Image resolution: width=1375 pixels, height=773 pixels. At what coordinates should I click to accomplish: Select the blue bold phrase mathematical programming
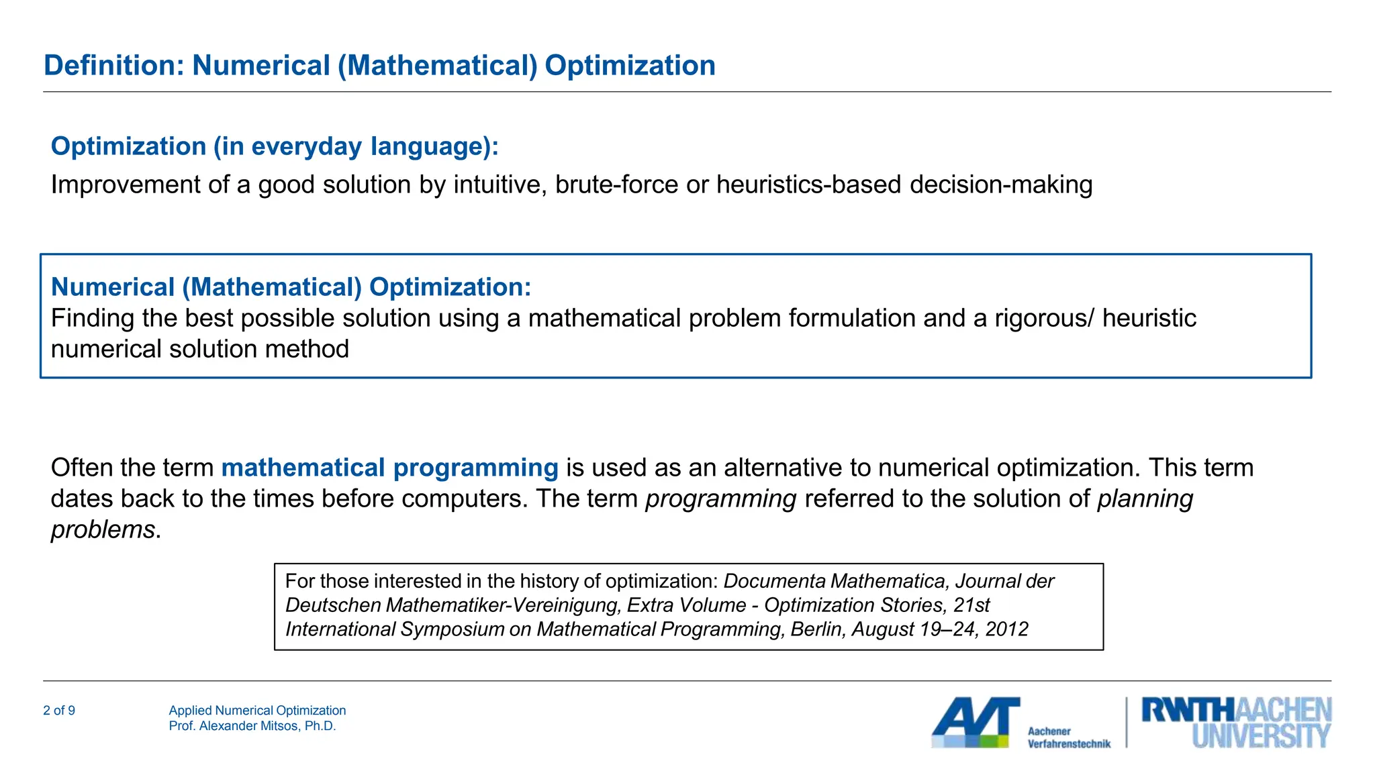[389, 468]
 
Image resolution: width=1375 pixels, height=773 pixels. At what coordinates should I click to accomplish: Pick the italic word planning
[1145, 499]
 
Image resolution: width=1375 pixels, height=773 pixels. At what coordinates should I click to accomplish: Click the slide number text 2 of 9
[59, 711]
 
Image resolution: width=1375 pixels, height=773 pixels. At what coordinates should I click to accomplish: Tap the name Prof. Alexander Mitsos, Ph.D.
[252, 726]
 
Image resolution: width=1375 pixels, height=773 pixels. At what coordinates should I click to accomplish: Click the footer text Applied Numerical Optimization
[257, 711]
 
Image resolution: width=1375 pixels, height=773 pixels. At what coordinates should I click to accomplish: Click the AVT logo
[975, 722]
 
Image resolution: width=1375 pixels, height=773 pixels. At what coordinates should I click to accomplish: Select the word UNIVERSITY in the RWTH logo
[1261, 736]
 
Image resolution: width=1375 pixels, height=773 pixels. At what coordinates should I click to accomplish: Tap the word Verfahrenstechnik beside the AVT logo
[1069, 743]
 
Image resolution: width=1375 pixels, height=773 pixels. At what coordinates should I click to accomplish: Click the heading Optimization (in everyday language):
[275, 146]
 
